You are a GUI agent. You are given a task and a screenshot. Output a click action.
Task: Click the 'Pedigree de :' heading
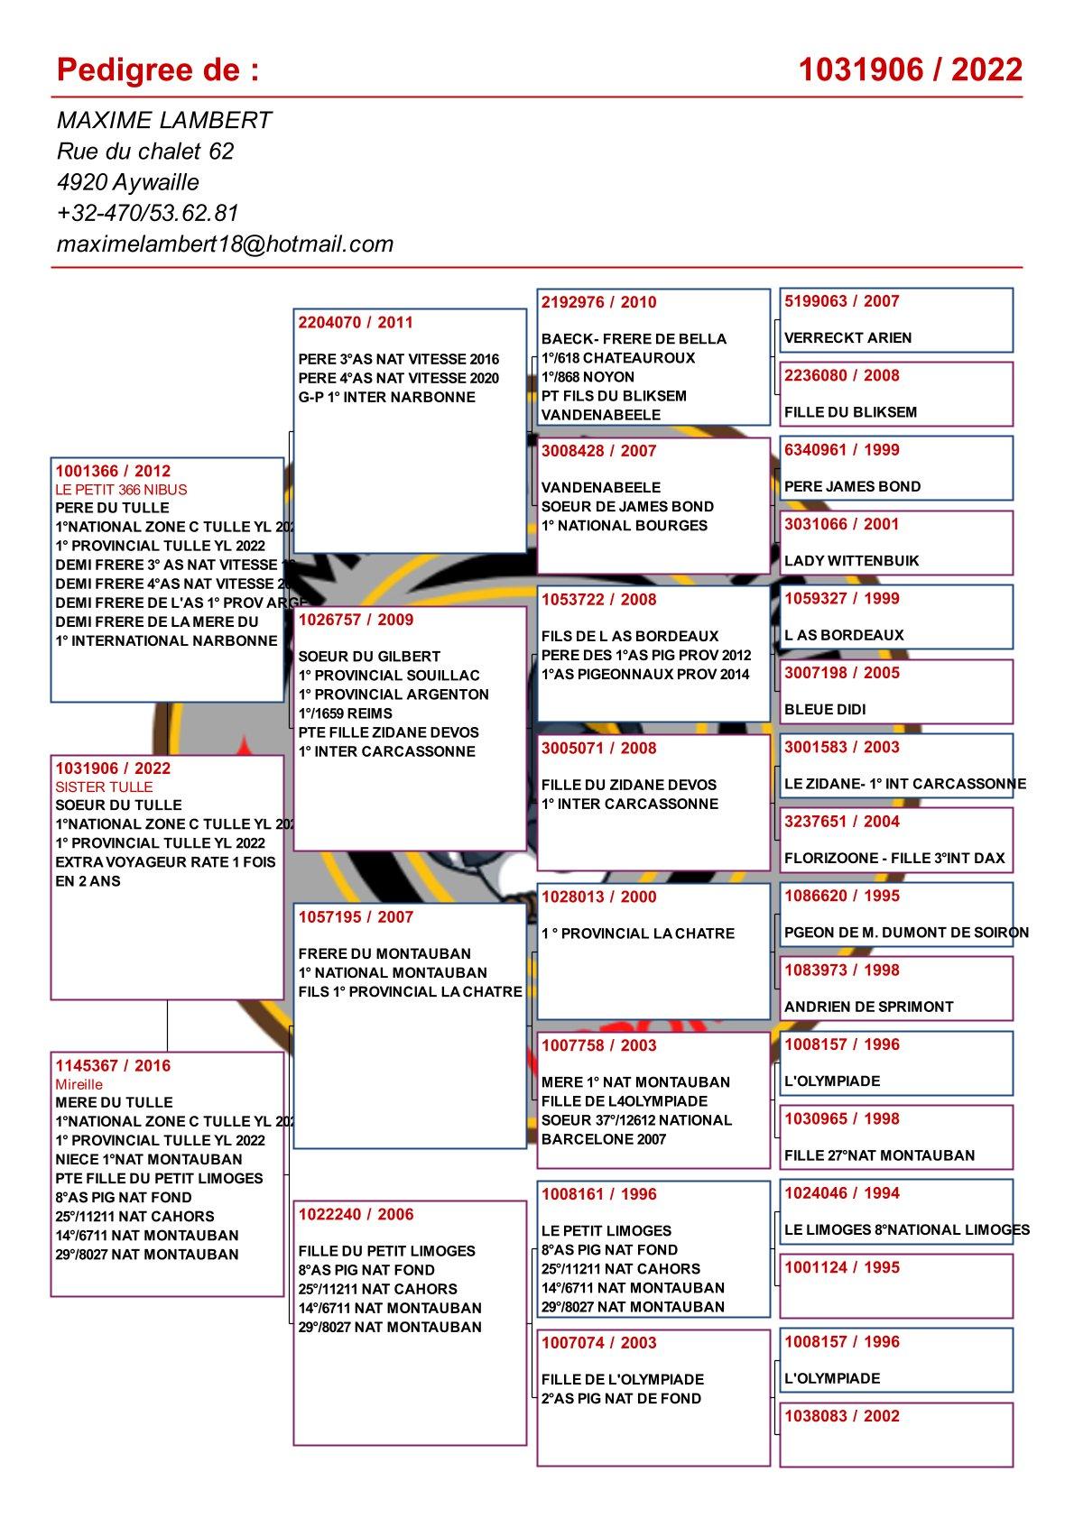157,69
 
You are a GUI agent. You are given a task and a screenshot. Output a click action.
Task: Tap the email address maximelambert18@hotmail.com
225,244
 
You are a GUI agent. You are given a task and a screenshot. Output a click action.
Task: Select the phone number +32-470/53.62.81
147,213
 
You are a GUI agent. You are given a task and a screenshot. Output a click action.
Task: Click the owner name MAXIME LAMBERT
163,121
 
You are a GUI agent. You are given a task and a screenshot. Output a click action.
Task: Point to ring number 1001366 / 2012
113,471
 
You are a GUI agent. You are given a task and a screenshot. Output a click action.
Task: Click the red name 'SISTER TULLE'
104,787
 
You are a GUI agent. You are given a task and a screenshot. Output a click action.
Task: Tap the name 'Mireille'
79,1084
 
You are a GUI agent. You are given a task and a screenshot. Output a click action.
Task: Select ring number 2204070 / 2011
356,322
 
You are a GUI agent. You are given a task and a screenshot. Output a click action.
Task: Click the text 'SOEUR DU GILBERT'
369,657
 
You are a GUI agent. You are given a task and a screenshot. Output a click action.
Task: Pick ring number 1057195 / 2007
356,917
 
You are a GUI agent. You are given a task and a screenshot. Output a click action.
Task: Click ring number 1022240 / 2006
356,1214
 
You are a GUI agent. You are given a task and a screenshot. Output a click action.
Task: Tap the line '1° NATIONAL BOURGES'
624,526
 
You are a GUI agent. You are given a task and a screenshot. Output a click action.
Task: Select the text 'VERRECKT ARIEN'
847,338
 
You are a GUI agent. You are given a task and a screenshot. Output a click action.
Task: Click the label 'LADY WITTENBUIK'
851,561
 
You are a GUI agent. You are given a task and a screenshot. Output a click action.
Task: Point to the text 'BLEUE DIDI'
825,710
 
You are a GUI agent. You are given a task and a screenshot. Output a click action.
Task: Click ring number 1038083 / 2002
841,1416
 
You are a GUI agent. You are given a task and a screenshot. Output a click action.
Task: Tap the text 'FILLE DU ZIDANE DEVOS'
629,785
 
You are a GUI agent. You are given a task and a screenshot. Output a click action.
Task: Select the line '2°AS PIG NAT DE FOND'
621,1399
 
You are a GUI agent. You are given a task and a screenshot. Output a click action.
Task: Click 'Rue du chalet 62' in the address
145,152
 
